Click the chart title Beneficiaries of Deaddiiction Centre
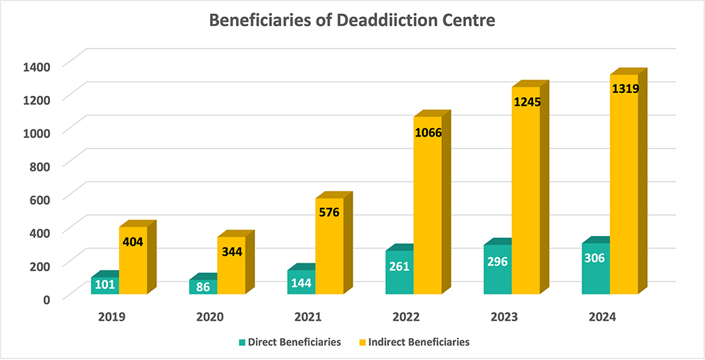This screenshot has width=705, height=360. pos(352,20)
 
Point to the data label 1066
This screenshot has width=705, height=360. pos(428,132)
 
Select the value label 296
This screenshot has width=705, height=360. pos(497,261)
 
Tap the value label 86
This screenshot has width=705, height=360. pos(203,287)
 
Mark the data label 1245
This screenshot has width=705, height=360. pos(526,103)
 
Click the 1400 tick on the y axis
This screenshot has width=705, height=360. pos(37,67)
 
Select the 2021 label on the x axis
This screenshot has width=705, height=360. pos(309,317)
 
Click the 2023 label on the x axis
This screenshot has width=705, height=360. pos(505,317)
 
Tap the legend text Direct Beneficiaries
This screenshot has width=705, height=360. pos(295,342)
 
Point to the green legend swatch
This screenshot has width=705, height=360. pos(243,342)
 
